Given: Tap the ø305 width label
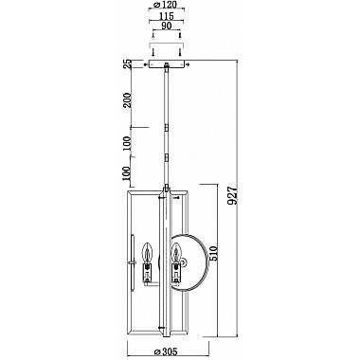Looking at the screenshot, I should click(169, 347).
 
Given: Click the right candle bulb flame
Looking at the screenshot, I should click(176, 251).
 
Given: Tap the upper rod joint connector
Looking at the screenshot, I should click(169, 125).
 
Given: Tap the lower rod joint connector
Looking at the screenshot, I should click(169, 156).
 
